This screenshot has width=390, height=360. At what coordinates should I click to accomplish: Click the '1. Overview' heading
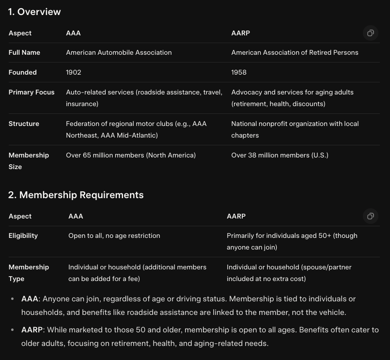coord(34,12)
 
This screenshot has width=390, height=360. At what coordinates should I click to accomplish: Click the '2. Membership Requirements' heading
coord(76,195)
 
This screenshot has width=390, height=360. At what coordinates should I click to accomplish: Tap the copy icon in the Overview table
coord(370,33)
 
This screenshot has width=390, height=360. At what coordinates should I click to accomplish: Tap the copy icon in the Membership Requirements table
coord(370,216)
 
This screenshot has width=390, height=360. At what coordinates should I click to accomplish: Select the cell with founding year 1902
coord(74,72)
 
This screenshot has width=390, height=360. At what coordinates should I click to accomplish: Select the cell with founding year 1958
coord(239,72)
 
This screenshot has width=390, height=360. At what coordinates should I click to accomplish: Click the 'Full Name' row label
coord(24,52)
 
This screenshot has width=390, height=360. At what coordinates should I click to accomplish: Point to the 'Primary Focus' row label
coord(31,92)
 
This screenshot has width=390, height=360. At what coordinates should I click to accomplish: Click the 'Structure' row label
coord(24,124)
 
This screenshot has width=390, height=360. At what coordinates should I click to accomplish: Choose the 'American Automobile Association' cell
coord(119,52)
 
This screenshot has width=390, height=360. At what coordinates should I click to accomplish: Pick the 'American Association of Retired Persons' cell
coord(295,52)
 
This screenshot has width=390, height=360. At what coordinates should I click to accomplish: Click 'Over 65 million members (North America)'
coord(131,155)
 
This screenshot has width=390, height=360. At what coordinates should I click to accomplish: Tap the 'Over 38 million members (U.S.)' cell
coord(280,155)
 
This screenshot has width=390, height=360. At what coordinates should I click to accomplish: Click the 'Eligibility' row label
coord(23,235)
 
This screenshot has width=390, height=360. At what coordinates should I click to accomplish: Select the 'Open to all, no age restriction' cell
coord(114,235)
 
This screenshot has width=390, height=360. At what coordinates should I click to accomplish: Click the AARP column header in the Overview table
coord(240,33)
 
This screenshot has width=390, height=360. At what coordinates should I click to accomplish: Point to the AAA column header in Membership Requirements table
coord(76,216)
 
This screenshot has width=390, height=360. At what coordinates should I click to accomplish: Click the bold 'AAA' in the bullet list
coord(30,299)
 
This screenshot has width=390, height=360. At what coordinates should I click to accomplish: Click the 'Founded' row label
coord(23,72)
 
